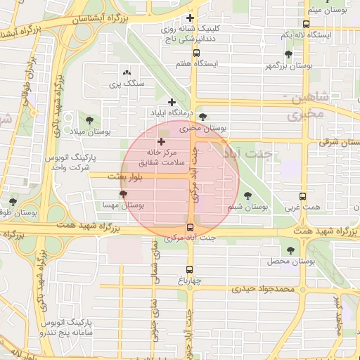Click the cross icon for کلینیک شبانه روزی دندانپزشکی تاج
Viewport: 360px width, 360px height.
pyautogui.click(x=190, y=18)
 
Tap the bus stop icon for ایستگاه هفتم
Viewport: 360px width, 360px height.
pyautogui.click(x=195, y=53)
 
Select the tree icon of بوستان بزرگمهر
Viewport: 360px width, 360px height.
pyautogui.click(x=288, y=54)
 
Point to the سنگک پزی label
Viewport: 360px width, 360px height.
pyautogui.click(x=127, y=83)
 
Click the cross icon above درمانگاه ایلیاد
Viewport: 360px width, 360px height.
pyautogui.click(x=172, y=103)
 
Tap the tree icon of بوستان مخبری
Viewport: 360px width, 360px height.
pyautogui.click(x=203, y=117)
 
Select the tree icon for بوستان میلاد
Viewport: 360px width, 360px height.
pyautogui.click(x=89, y=120)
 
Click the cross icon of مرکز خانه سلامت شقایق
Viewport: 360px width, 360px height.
pyautogui.click(x=161, y=141)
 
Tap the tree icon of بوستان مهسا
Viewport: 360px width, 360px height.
pyautogui.click(x=124, y=193)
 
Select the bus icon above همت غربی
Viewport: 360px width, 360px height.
pyautogui.click(x=302, y=197)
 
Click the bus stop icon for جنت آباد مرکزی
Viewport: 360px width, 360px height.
pyautogui.click(x=190, y=226)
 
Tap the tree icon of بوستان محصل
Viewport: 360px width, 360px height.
pyautogui.click(x=290, y=250)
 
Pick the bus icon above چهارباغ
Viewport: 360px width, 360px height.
pyautogui.click(x=190, y=269)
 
